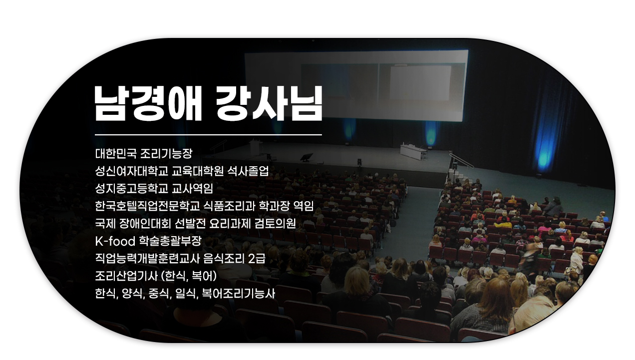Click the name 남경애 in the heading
[x=148, y=103]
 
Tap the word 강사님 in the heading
[x=269, y=103]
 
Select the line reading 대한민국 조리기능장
[x=144, y=154]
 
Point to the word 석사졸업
[x=248, y=171]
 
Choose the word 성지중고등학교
[x=132, y=189]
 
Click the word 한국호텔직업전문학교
[x=147, y=206]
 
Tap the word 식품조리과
[x=229, y=206]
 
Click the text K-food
[x=115, y=241]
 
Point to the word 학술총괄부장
[x=170, y=241]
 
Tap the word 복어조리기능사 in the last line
[x=239, y=294]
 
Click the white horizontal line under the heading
[x=208, y=135]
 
